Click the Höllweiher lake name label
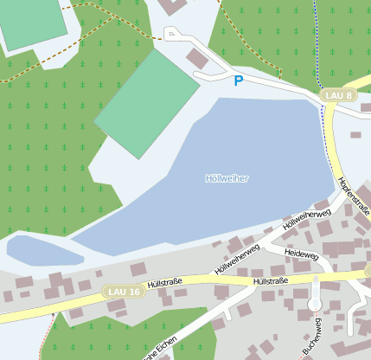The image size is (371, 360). (x=227, y=178)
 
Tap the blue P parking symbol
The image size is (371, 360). (x=238, y=81)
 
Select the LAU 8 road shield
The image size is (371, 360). (x=337, y=95)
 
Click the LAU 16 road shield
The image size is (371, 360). (x=124, y=292)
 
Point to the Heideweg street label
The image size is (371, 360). (x=301, y=256)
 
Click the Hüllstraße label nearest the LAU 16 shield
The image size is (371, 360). (x=163, y=282)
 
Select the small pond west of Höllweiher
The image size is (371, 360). (x=43, y=251)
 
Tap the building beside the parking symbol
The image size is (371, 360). (x=198, y=58)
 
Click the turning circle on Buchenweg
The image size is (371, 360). (x=314, y=305)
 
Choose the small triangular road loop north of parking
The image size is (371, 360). (x=173, y=34)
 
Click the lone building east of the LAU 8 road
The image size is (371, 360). (x=355, y=135)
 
